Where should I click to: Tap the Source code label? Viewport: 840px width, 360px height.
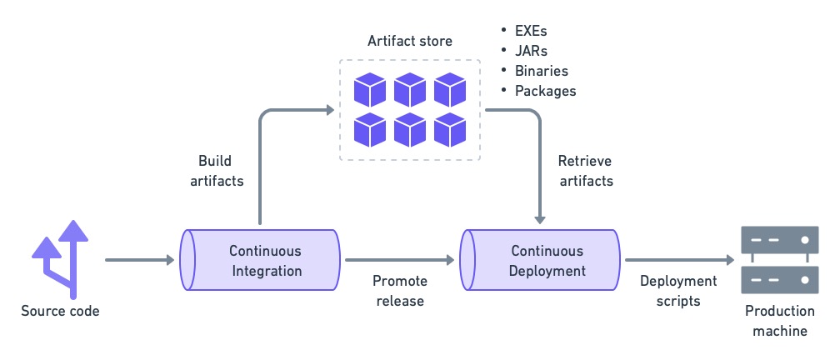(x=60, y=312)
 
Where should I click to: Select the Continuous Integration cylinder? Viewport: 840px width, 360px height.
(x=260, y=260)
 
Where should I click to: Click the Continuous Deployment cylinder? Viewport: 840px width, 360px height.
(x=542, y=260)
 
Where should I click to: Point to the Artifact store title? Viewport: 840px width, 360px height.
(x=410, y=41)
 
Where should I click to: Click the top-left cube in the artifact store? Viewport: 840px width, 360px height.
(x=369, y=89)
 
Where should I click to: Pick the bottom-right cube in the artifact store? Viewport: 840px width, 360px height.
(x=450, y=129)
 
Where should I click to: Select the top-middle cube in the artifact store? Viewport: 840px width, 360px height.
(x=410, y=89)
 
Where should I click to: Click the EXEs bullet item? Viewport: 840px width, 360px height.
(x=531, y=31)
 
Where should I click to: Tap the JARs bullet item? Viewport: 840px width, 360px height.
(x=531, y=51)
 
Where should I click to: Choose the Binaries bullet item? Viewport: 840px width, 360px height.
(x=541, y=71)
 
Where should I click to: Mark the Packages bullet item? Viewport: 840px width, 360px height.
(x=545, y=91)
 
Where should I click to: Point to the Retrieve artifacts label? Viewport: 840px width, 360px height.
(x=585, y=170)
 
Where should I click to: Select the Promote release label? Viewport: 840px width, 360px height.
(x=398, y=291)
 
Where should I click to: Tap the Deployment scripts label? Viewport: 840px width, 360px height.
(x=678, y=291)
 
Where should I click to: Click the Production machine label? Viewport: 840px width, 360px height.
(x=779, y=321)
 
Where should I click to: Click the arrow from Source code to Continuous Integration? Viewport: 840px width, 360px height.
(x=137, y=260)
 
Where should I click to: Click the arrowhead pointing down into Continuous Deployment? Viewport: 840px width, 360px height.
(x=542, y=218)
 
